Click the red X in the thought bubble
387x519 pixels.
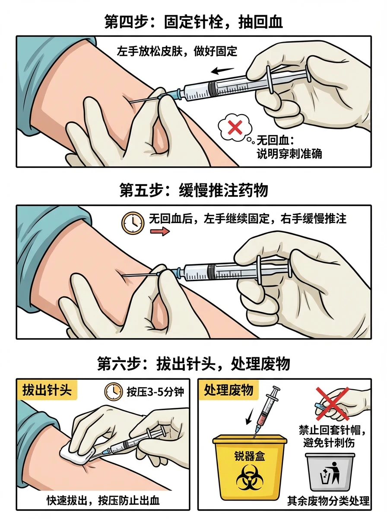click(x=235, y=127)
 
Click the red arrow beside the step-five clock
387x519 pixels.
click(x=160, y=231)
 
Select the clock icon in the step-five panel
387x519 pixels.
click(x=133, y=223)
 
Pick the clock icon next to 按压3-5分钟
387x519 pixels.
click(x=114, y=392)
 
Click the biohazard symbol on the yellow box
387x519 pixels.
click(x=249, y=477)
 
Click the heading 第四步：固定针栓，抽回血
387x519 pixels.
click(x=193, y=22)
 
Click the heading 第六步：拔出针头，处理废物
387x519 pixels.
click(x=193, y=364)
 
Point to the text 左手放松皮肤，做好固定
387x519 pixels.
click(x=177, y=51)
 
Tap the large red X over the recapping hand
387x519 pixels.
click(x=333, y=404)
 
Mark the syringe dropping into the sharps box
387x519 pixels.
click(x=266, y=413)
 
